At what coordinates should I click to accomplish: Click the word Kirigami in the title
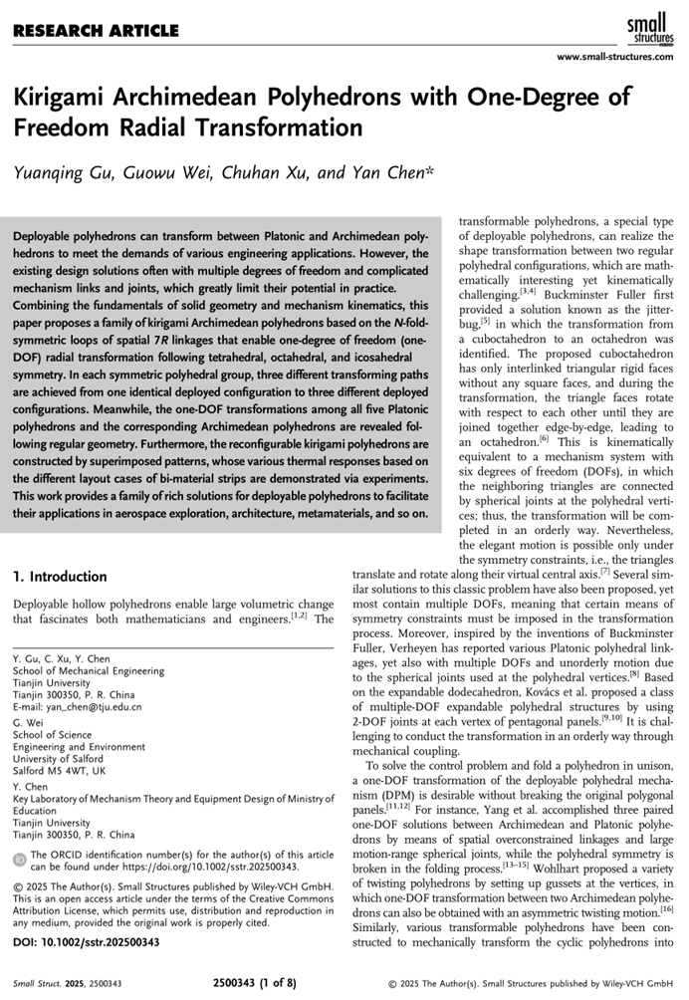[61, 98]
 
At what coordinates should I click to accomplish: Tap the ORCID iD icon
[20, 860]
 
